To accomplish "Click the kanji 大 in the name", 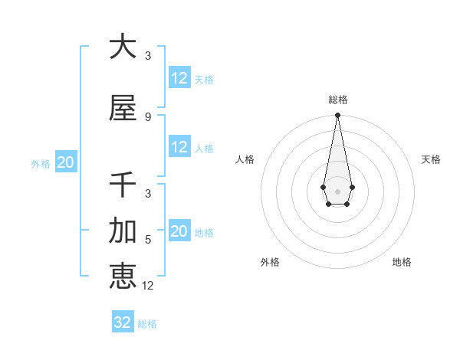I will point(123,46).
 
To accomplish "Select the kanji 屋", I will point(123,108).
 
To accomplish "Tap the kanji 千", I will point(123,185).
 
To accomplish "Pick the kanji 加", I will point(123,230).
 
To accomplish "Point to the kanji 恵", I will point(123,276).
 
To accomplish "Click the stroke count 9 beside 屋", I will point(148,116).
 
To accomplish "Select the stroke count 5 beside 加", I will point(148,239).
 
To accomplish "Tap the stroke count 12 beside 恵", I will point(148,286).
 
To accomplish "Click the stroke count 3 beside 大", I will point(148,55).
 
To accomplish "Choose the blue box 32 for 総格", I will point(123,322).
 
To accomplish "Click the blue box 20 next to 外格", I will point(65,162).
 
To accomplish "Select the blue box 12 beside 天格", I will point(179,78).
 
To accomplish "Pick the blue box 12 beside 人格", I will point(179,147).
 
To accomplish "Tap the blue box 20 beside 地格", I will point(179,231).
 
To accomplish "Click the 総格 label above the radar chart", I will point(337,100).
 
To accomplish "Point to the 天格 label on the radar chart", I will point(431,159).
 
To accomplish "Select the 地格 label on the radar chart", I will point(402,262).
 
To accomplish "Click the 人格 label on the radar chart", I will point(245,159).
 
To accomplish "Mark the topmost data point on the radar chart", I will point(337,116).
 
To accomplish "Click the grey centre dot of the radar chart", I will point(337,190).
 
